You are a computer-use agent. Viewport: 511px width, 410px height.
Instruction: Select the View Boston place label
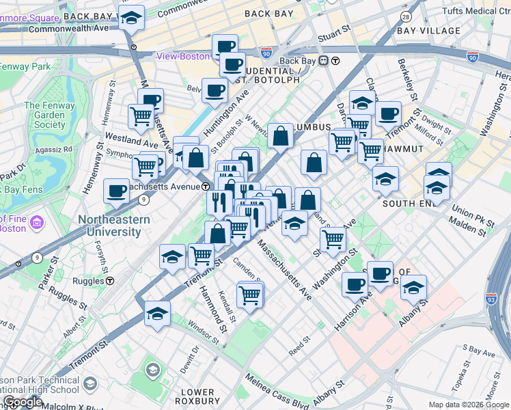[x=183, y=56]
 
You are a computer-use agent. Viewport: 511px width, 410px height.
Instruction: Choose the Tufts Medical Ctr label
[x=475, y=12]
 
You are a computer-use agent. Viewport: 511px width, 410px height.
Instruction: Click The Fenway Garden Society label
[x=44, y=115]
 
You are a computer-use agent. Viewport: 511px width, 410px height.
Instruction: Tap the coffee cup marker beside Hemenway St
[x=116, y=191]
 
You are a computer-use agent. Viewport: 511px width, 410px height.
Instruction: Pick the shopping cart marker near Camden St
[x=250, y=295]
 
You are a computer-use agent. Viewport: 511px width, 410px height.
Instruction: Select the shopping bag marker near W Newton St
[x=280, y=136]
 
